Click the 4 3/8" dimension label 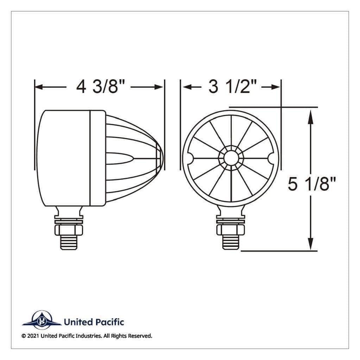point(101,87)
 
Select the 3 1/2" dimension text point(232,87)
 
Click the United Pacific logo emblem point(42,321)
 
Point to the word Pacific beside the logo point(109,322)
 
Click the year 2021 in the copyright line point(33,336)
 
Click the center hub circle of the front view point(231,158)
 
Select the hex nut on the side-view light point(69,230)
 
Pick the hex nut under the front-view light point(231,230)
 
